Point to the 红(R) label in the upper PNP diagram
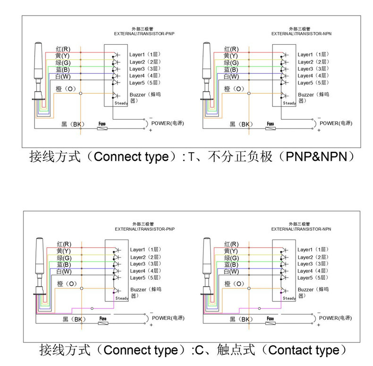pyautogui.click(x=64, y=49)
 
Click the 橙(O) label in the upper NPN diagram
pyautogui.click(x=234, y=89)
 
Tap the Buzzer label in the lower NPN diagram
pyautogui.click(x=305, y=290)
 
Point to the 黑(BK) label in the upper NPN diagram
pyautogui.click(x=241, y=125)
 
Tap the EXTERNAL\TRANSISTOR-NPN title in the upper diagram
pyautogui.click(x=302, y=34)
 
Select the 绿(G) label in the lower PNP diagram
pyautogui.click(x=64, y=258)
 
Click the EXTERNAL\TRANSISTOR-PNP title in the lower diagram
pyautogui.click(x=144, y=229)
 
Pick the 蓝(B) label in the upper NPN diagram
pyautogui.click(x=232, y=70)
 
